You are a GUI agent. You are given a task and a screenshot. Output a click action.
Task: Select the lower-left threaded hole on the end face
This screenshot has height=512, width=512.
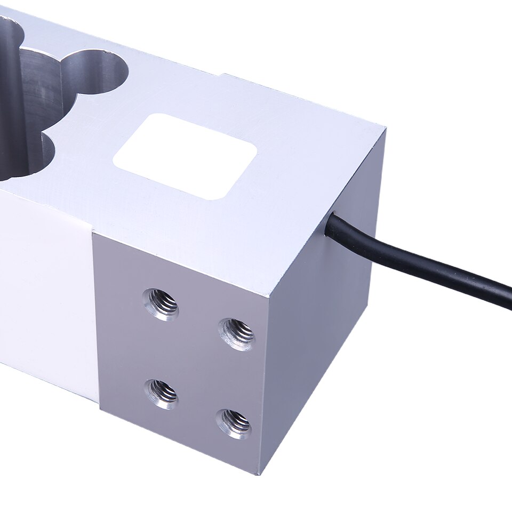(x=162, y=394)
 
